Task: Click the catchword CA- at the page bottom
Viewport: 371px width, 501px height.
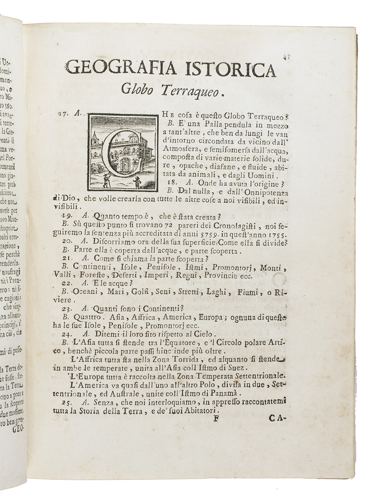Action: click(x=277, y=418)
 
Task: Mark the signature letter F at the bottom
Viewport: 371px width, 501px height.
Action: click(x=216, y=418)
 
